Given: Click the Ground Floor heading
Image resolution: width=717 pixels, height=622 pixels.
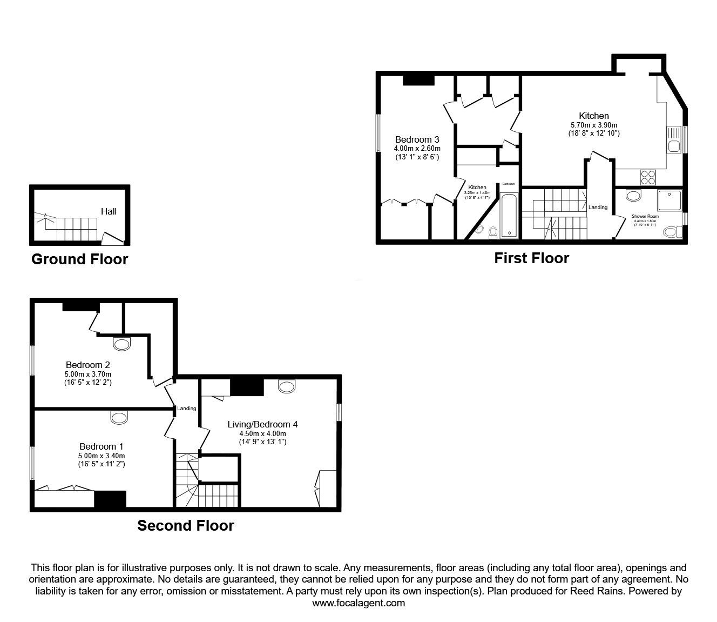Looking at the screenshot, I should pos(79,259).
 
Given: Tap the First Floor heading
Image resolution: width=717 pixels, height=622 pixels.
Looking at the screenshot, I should pos(531,258).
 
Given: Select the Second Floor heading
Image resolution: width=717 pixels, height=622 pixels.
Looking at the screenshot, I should pos(185,525).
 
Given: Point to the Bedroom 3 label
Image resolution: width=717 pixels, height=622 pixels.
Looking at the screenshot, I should pos(417,139).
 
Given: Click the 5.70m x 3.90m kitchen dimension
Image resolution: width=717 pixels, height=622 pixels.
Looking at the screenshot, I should pos(593,124).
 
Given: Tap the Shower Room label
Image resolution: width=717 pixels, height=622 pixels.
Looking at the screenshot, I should pos(645,216).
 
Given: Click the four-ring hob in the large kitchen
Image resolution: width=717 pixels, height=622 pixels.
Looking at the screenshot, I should pos(648,177).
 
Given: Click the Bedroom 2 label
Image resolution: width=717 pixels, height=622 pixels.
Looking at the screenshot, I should pos(87,365).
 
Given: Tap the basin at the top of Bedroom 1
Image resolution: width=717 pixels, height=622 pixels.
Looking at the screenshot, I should pos(119,417).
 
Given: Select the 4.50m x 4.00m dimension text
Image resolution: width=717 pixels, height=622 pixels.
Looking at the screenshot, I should pos(262,433).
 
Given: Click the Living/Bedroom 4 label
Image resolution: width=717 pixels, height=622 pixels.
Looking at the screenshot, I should pos(262,424).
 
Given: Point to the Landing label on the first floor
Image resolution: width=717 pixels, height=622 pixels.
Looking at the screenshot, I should pos(598,208).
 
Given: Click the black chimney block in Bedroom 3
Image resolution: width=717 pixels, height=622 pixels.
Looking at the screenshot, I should pos(418,80).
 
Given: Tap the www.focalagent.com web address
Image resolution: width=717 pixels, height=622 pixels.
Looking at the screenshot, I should pos(359,603).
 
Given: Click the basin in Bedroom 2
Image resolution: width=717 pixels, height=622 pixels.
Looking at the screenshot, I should pos(122,343).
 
